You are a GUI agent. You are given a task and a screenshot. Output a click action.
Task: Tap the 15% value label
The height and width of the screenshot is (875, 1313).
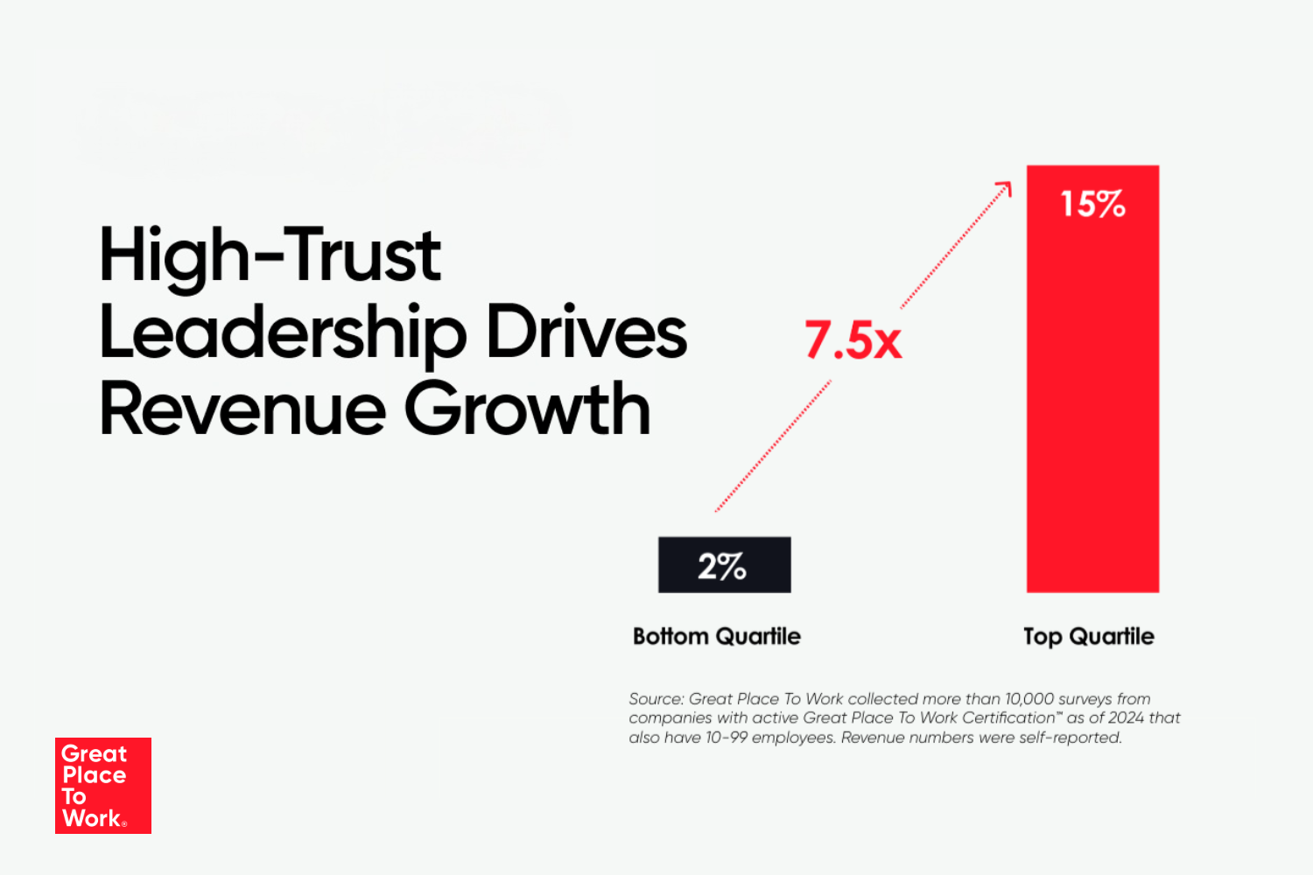(x=1092, y=204)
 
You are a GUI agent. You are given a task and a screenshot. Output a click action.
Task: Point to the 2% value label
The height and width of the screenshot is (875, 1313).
(x=722, y=566)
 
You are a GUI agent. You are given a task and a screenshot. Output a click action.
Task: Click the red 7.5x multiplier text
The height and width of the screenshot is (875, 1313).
(x=853, y=340)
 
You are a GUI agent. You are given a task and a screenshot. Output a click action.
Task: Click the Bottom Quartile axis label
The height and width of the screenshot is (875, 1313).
(x=717, y=636)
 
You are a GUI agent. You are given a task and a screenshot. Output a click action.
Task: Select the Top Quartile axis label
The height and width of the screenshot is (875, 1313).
(x=1088, y=636)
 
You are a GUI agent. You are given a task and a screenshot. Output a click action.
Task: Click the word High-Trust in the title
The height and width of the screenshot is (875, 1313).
(x=270, y=255)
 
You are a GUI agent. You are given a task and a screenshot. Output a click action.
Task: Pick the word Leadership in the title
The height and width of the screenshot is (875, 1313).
(x=283, y=333)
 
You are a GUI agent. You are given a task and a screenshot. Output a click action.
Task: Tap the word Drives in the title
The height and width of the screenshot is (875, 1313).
(x=586, y=332)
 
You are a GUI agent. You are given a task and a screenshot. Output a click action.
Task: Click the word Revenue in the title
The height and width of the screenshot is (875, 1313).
(x=242, y=409)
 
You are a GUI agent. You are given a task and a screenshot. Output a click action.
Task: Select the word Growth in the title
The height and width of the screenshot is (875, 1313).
(x=527, y=409)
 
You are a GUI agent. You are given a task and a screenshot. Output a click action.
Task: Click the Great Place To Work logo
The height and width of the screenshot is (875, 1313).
(x=103, y=786)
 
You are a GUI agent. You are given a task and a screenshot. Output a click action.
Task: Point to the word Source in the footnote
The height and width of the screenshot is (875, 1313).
(x=656, y=699)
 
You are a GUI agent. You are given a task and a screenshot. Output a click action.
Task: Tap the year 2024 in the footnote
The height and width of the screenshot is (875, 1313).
(x=1126, y=718)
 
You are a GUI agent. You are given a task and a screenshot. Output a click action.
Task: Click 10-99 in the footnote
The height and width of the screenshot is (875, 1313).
(x=726, y=738)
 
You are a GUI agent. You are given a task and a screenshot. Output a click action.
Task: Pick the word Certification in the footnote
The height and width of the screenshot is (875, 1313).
(x=1008, y=718)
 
